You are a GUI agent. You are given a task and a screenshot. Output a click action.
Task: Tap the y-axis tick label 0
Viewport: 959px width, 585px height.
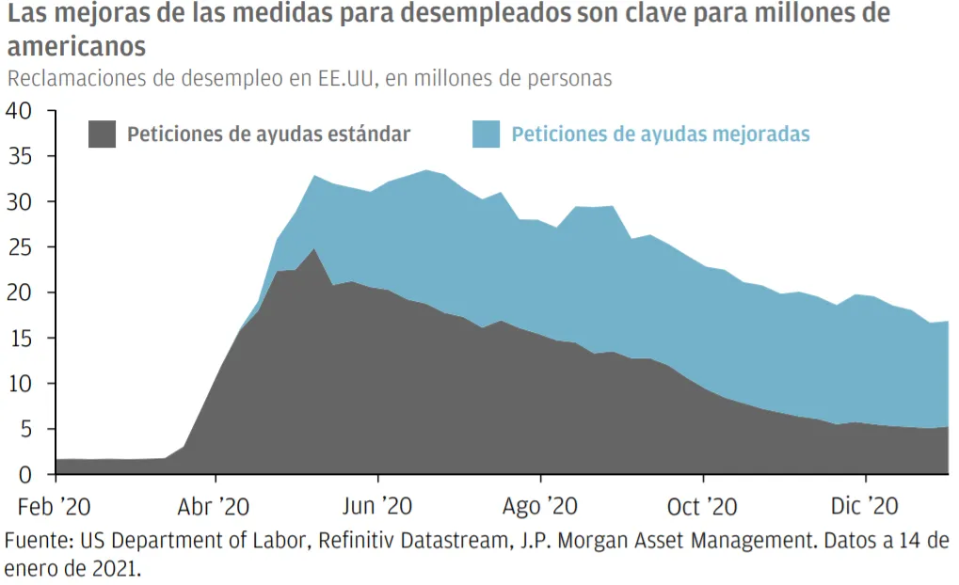[x=25, y=475]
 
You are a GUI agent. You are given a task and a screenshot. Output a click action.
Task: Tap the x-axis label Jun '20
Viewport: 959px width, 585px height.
[x=378, y=507]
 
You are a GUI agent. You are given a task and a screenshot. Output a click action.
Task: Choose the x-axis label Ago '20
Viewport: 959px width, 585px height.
[x=540, y=507]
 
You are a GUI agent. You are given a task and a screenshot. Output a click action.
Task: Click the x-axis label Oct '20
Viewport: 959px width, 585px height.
[x=701, y=507]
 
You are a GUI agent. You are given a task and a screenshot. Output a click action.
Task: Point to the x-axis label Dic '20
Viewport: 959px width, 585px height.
[x=863, y=507]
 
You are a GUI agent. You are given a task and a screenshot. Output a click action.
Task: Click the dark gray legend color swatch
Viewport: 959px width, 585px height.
[x=102, y=134]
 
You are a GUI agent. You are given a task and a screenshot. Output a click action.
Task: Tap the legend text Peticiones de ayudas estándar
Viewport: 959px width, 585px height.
[x=268, y=134]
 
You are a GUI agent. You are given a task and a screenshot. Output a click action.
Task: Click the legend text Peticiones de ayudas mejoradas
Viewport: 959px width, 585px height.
[x=661, y=134]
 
